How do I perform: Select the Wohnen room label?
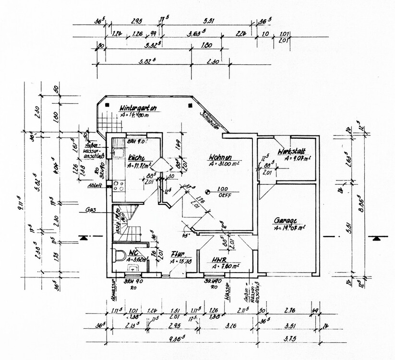[x=221, y=157]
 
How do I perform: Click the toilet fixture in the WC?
[x=119, y=255]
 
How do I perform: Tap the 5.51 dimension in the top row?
[x=208, y=21]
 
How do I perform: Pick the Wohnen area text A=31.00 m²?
[x=225, y=165]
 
